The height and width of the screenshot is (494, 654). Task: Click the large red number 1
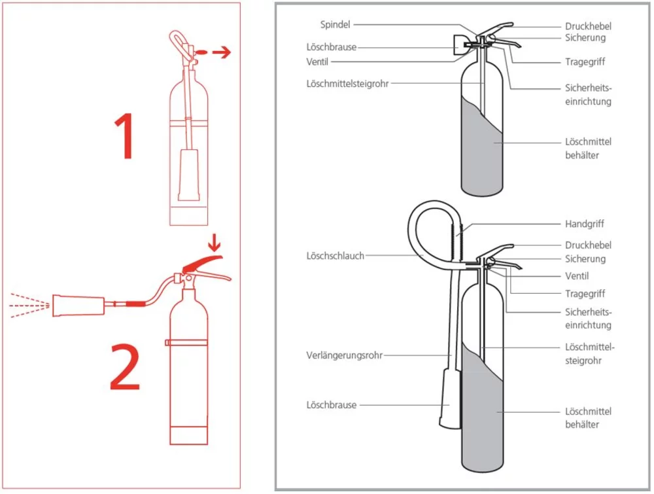click(x=125, y=137)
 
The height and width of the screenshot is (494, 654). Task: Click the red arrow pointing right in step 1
click(x=221, y=53)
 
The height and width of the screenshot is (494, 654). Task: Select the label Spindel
click(x=336, y=24)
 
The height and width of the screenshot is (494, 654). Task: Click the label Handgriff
click(x=583, y=224)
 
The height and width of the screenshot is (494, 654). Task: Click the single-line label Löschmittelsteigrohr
click(x=345, y=83)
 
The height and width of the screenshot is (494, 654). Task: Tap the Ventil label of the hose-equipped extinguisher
click(x=577, y=276)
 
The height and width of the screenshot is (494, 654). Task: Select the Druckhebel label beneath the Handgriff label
click(x=588, y=245)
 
